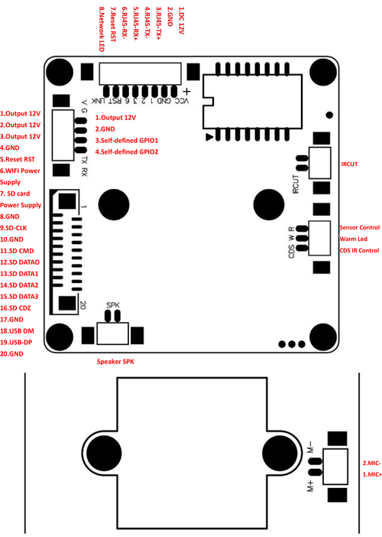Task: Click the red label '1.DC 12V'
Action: point(181,21)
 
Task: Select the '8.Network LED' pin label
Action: point(101,29)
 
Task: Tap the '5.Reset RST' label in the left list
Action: point(18,159)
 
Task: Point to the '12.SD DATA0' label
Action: point(20,262)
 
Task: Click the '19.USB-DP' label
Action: point(16,342)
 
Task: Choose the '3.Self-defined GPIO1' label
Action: point(127,141)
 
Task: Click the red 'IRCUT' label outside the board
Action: point(349,164)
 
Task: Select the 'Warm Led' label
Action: point(353,239)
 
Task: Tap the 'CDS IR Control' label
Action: point(359,250)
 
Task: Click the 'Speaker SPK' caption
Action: point(115,362)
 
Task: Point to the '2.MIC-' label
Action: point(372,463)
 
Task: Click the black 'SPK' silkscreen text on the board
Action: point(113,304)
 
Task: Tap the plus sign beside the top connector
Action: point(186,92)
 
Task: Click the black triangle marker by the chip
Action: point(209,137)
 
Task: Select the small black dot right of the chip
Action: point(329,115)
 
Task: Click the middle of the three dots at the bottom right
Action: point(292,344)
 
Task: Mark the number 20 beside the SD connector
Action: point(83,304)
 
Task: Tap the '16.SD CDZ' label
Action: point(15,308)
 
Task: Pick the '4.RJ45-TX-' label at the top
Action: point(147,24)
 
